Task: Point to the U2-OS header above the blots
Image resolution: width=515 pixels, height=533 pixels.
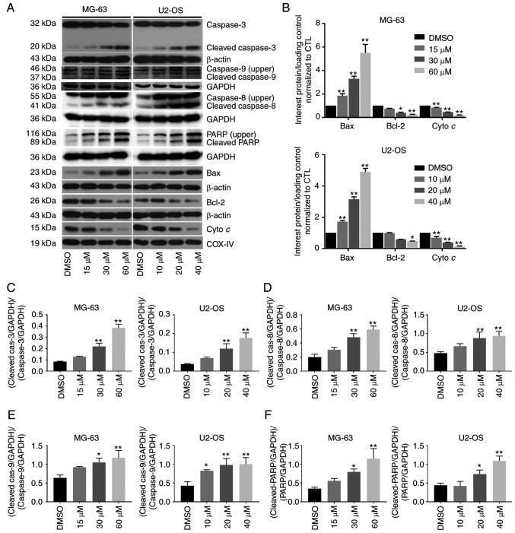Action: tap(167, 8)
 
